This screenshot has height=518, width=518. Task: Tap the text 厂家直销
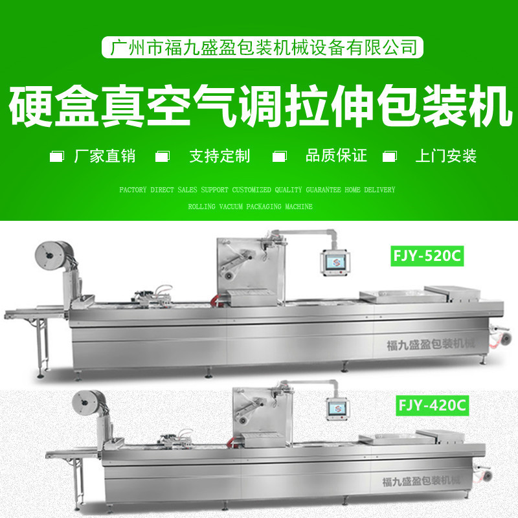click(x=104, y=156)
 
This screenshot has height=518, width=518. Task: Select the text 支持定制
click(x=219, y=156)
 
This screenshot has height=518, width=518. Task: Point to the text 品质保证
click(x=335, y=156)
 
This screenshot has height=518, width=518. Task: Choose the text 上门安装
click(x=446, y=156)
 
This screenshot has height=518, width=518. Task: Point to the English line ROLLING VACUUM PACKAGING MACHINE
click(x=250, y=207)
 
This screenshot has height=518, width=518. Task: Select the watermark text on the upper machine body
click(x=429, y=343)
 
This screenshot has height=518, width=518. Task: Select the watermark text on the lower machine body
click(x=421, y=480)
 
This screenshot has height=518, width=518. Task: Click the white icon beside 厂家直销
click(x=57, y=157)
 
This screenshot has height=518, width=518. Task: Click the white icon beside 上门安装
click(x=389, y=157)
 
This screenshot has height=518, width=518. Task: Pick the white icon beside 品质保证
click(x=279, y=157)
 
